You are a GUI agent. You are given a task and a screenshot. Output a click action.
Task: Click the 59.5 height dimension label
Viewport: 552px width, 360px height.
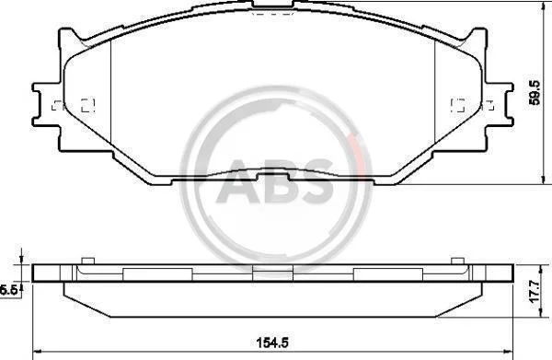click(535, 93)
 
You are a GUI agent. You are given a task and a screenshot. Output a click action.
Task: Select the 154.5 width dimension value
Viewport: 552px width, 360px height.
click(272, 342)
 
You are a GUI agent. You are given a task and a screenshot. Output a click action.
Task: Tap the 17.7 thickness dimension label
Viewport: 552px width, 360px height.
click(535, 290)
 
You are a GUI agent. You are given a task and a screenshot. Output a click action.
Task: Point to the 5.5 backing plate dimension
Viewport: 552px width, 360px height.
click(8, 290)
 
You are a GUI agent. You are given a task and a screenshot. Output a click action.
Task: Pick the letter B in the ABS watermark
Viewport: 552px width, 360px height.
click(282, 181)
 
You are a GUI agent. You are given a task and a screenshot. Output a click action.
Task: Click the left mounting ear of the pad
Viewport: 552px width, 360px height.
click(48, 105)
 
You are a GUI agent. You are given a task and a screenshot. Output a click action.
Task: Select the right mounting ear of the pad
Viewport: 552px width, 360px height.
click(499, 105)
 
